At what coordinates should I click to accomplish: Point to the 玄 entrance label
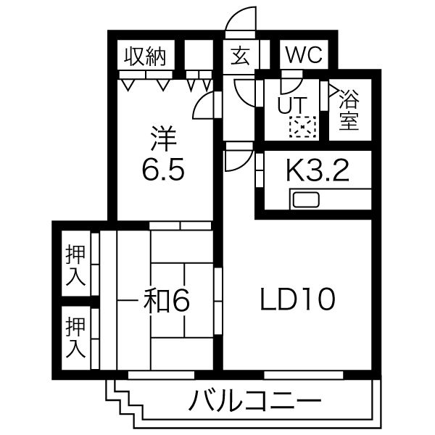[x=240, y=56]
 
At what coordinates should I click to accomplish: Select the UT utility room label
[x=292, y=105]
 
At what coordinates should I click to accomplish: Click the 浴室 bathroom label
[x=349, y=109]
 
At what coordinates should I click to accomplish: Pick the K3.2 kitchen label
[x=318, y=171]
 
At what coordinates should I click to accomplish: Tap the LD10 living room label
[x=298, y=299]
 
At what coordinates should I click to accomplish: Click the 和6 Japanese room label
[x=166, y=300]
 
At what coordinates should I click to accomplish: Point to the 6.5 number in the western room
[x=163, y=169]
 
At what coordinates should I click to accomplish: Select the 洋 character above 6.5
[x=163, y=138]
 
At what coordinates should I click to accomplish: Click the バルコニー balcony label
[x=254, y=400]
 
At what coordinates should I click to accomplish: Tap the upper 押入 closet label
[x=75, y=266]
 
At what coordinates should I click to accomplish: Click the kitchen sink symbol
[x=306, y=199]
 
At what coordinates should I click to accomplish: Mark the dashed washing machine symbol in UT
[x=302, y=127]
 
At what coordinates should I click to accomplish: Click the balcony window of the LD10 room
[x=304, y=375]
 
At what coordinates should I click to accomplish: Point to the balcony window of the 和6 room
[x=161, y=375]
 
